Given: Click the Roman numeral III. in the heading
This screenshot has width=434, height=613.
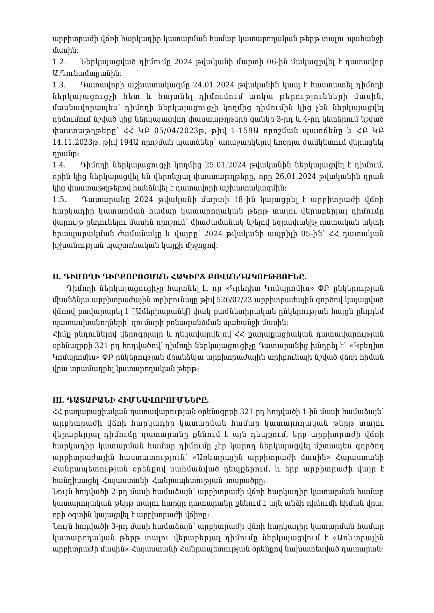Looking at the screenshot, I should click(58, 400).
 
